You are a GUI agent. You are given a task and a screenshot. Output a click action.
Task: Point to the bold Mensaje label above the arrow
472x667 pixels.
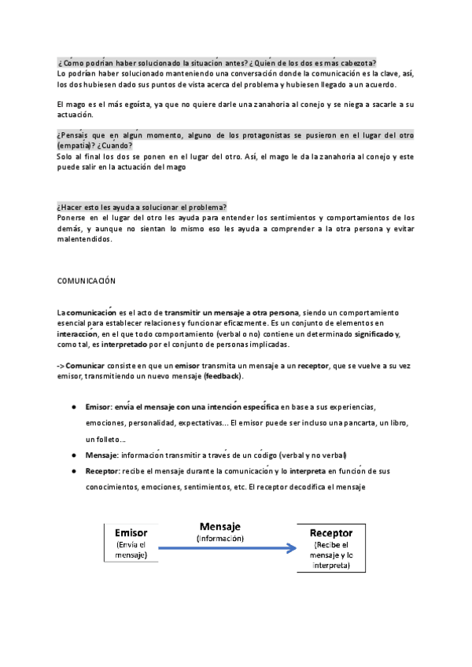point(220,526)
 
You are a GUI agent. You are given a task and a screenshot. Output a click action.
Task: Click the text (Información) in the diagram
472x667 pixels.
point(220,539)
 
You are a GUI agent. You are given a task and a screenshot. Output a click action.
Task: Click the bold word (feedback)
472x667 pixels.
point(223,377)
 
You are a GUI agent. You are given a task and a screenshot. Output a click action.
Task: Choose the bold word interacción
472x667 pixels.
point(80,334)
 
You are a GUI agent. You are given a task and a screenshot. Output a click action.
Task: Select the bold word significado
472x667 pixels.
point(376,334)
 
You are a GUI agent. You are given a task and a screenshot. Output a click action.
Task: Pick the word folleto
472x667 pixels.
point(99,439)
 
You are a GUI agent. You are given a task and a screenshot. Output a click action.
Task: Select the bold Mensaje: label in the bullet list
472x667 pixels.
point(102,455)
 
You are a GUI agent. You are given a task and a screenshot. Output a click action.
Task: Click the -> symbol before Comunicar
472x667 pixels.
point(61,367)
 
